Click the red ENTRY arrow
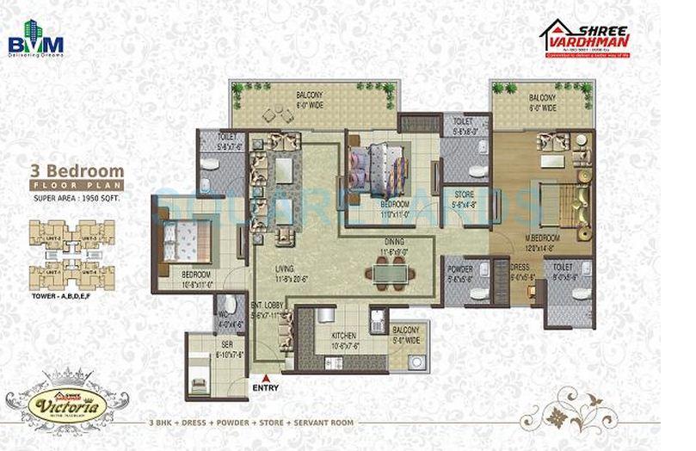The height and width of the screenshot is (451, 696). point(266,378)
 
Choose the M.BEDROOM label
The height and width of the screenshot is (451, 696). point(543,237)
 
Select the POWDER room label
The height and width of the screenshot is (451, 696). point(460,269)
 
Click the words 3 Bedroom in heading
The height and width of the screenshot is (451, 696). point(77,170)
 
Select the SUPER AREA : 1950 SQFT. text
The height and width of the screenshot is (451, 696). point(77,200)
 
